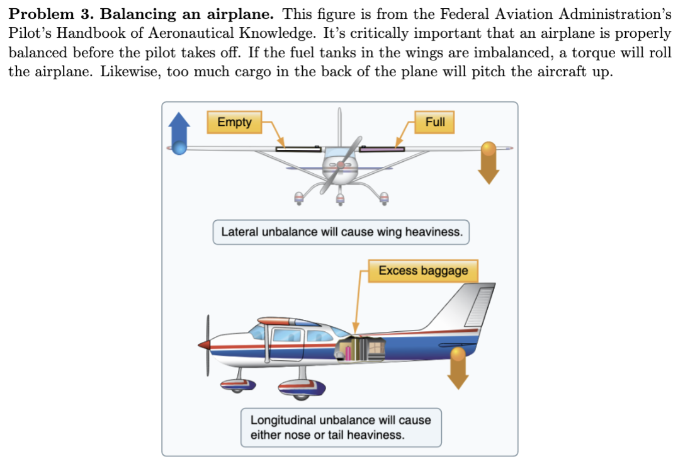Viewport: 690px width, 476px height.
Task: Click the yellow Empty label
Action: [x=234, y=122]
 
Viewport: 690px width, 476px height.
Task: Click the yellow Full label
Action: [x=435, y=122]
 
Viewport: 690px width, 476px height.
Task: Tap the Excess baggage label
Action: [x=423, y=271]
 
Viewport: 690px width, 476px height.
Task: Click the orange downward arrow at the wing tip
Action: [x=489, y=163]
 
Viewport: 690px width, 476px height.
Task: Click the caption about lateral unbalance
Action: [x=341, y=232]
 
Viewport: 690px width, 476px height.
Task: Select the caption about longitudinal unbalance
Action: [x=341, y=428]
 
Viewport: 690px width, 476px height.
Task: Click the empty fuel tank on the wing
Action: [x=298, y=149]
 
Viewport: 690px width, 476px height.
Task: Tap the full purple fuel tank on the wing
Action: [x=382, y=149]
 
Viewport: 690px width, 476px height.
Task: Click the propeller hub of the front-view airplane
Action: [x=340, y=165]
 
